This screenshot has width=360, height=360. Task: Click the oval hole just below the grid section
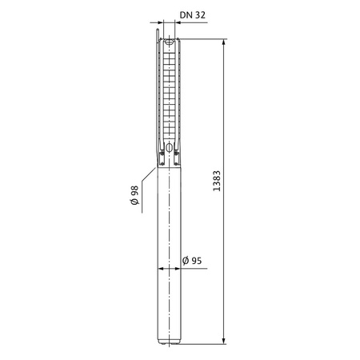pyautogui.click(x=170, y=146)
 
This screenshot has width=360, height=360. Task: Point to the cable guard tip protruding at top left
pyautogui.click(x=159, y=35)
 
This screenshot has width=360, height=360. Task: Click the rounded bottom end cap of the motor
pyautogui.click(x=170, y=342)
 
